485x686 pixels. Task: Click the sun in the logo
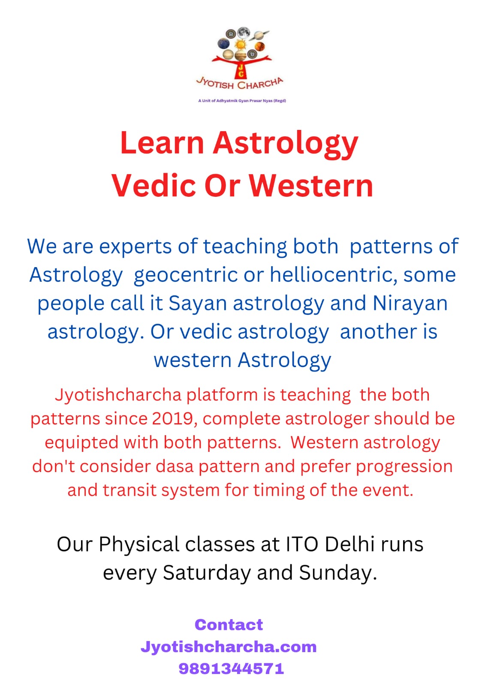click(x=241, y=45)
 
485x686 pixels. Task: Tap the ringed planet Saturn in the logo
click(x=259, y=35)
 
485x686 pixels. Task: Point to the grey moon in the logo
click(x=244, y=32)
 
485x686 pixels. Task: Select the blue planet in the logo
click(x=223, y=43)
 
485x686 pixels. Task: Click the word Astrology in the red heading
click(x=286, y=144)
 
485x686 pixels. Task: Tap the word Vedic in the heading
click(x=154, y=186)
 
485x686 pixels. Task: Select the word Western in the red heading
click(x=311, y=186)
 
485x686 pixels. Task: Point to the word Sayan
click(x=198, y=303)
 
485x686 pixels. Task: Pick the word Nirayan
click(x=410, y=303)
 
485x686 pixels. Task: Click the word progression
click(x=404, y=467)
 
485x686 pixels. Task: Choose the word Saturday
click(x=207, y=573)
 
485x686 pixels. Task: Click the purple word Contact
click(x=229, y=625)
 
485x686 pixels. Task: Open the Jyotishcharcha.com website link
click(x=229, y=647)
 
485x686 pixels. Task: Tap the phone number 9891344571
click(x=231, y=668)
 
